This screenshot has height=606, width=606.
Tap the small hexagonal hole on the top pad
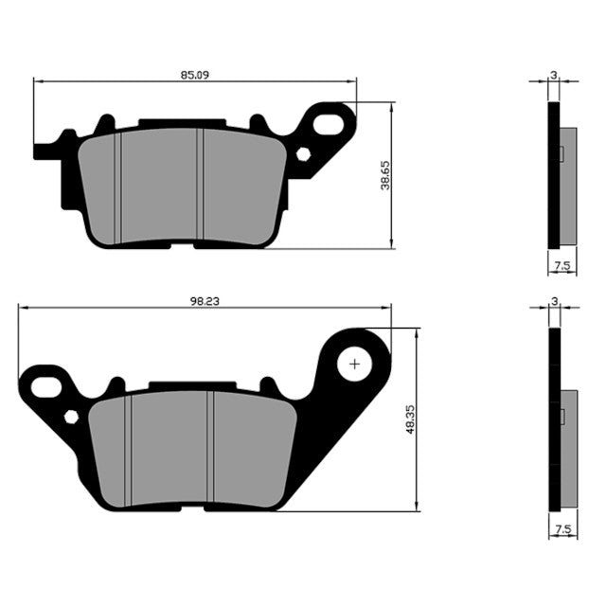pyautogui.click(x=303, y=154)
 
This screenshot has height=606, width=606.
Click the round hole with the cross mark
pyautogui.click(x=356, y=363)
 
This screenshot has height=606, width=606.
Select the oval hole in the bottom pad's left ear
pyautogui.click(x=45, y=385)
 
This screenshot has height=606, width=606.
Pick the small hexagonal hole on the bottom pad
pyautogui.click(x=70, y=417)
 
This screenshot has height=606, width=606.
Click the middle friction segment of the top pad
pyautogui.click(x=159, y=185)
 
